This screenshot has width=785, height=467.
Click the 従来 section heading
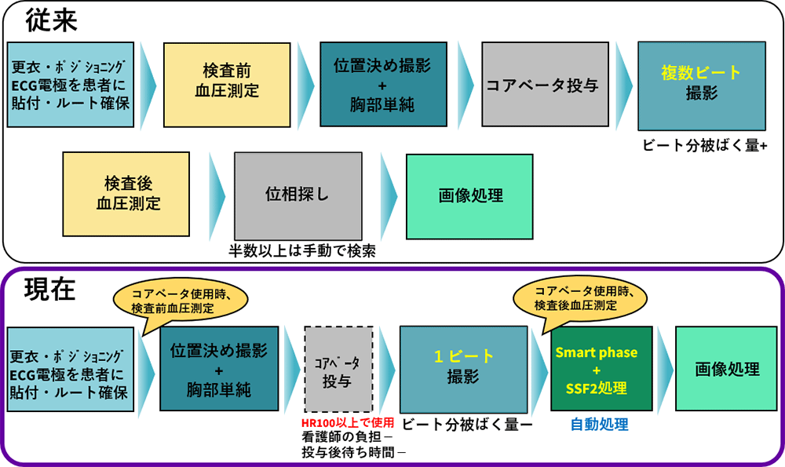click(x=52, y=20)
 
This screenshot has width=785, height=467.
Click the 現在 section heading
click(x=51, y=289)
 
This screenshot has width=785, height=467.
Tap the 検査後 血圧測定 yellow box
click(x=127, y=194)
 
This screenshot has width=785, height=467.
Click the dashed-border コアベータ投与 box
click(x=338, y=370)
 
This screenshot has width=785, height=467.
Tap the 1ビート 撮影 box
click(x=463, y=367)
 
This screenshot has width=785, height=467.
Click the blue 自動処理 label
click(x=599, y=425)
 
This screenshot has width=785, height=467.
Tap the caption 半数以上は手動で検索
click(x=298, y=251)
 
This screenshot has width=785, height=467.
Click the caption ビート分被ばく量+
click(x=704, y=145)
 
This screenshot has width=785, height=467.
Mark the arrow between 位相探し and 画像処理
click(x=389, y=195)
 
